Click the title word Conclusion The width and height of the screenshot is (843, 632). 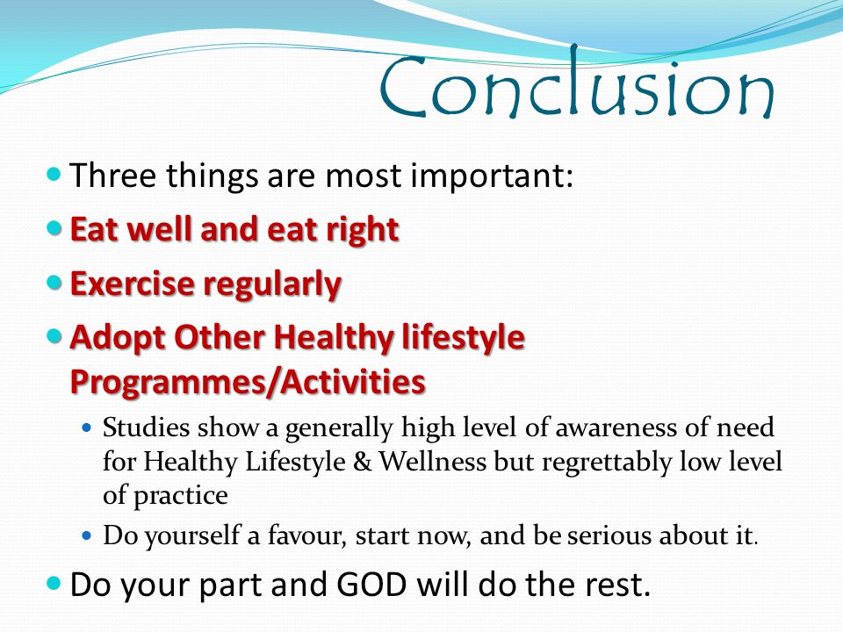(576, 82)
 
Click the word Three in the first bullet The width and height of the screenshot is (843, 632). (113, 175)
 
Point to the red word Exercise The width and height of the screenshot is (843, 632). (133, 284)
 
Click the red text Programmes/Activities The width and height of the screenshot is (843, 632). (248, 383)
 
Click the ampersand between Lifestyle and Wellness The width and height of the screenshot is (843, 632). (363, 462)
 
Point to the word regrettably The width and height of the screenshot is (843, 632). (607, 463)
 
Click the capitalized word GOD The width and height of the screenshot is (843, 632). (371, 585)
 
